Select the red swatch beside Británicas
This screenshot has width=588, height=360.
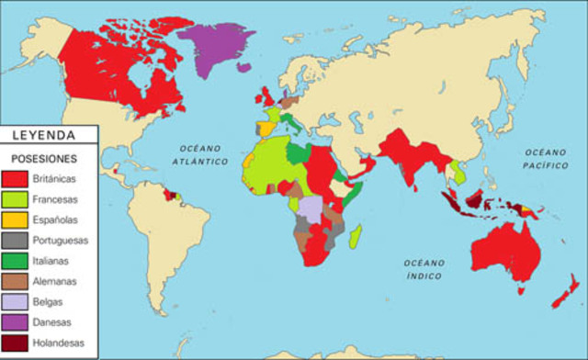tap(19, 178)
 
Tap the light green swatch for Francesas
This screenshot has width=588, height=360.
tap(19, 199)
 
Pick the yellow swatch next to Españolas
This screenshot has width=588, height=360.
tap(19, 220)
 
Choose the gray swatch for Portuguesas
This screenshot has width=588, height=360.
tap(19, 242)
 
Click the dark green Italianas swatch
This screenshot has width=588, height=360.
tap(19, 263)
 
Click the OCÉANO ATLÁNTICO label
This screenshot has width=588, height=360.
tap(203, 154)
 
